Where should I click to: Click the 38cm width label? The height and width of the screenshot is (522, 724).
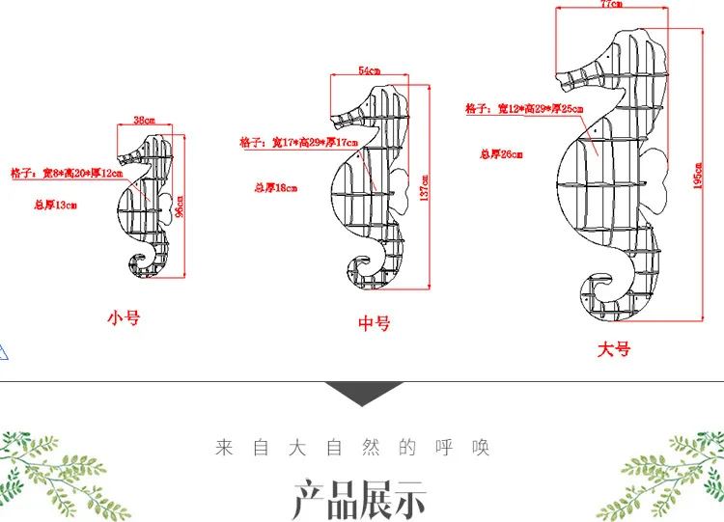pos(143,121)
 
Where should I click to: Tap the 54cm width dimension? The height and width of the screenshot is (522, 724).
pos(369,70)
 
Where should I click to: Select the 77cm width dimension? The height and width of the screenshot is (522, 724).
pos(610,6)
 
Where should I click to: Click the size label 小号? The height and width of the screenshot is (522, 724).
pos(124,317)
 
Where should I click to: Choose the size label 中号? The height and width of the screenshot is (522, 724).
pos(374,324)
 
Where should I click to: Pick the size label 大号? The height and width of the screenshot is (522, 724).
pos(614,349)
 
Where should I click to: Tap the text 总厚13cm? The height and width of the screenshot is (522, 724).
pos(55,205)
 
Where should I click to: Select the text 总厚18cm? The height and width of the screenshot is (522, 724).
pos(275,189)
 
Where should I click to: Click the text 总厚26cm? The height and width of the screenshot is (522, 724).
pos(501,153)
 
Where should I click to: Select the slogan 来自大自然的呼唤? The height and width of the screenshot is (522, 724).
pos(352,448)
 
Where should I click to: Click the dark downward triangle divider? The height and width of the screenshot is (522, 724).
pos(363,392)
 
